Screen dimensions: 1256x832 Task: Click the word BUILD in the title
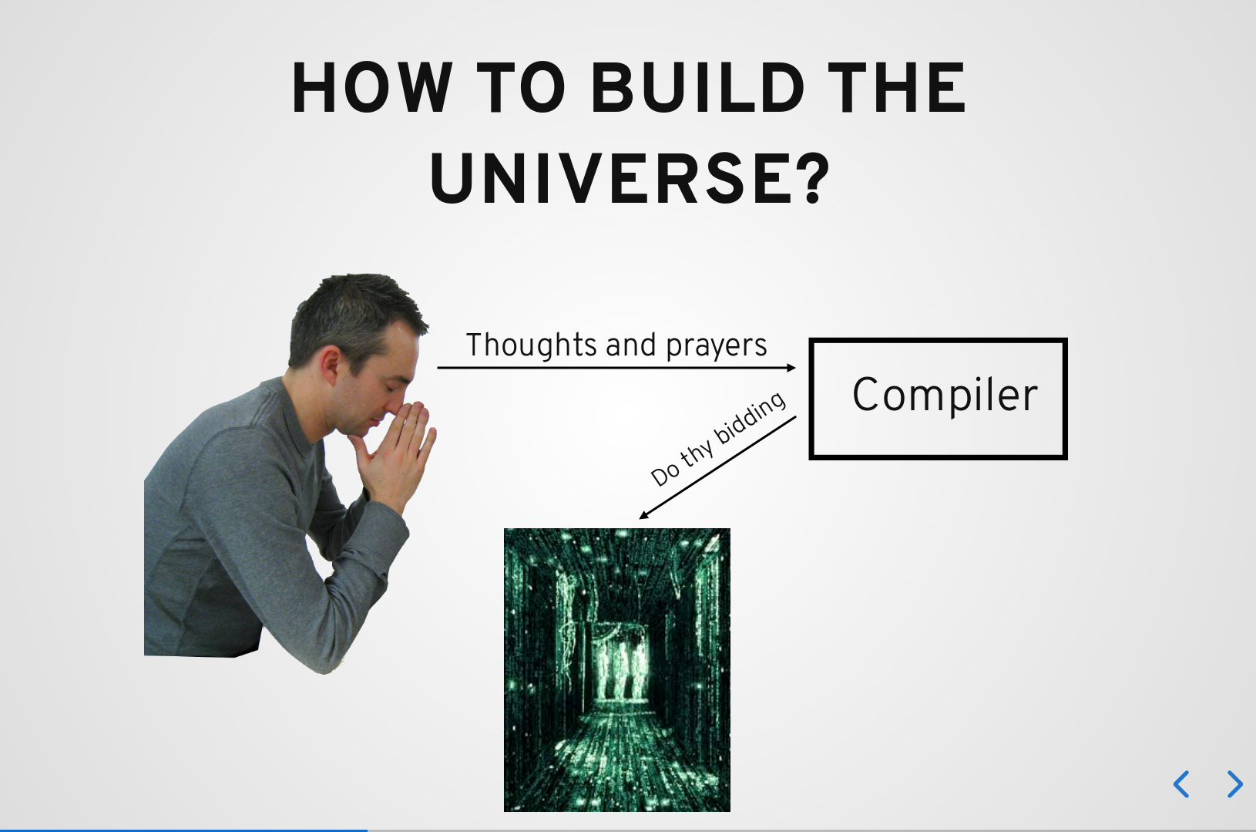[x=698, y=87]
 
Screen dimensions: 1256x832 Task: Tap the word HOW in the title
[x=371, y=87]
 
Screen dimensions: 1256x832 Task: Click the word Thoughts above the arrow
[x=531, y=345]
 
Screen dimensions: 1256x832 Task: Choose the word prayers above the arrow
[x=716, y=347]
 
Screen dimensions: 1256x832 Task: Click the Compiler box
[x=938, y=399]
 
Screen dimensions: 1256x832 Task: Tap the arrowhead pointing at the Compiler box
[x=791, y=368]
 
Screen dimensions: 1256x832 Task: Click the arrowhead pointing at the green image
[x=643, y=515]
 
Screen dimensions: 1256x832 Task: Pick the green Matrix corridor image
[x=616, y=670]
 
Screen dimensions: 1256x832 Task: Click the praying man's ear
[x=330, y=365]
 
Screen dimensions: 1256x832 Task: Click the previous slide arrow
[x=1181, y=783]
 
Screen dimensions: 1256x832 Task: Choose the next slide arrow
[x=1234, y=783]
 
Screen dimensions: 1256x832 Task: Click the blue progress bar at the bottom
[x=183, y=830]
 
